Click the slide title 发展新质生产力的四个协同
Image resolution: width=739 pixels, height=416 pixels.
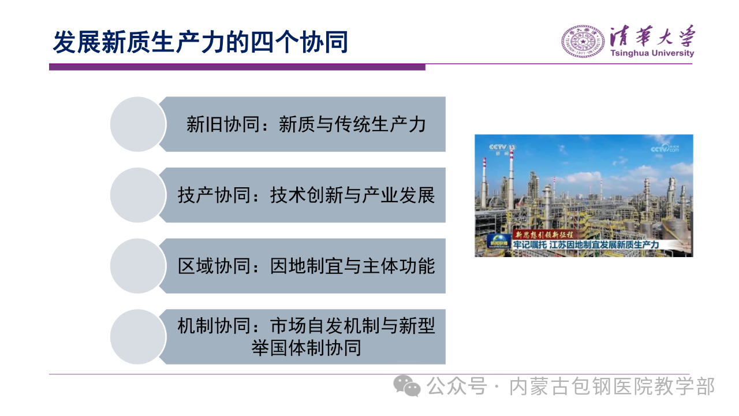[x=200, y=42]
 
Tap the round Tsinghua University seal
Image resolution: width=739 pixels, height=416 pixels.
[x=583, y=41]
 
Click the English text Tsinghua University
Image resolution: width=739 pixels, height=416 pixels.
[x=652, y=53]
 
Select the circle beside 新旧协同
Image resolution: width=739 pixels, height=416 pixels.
[x=138, y=124]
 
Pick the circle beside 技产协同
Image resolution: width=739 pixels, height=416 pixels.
[x=138, y=195]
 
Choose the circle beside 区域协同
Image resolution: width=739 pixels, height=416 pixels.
[x=138, y=266]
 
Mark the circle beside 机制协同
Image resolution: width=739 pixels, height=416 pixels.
[x=138, y=337]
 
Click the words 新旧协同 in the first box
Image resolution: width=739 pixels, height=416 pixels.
[x=223, y=124]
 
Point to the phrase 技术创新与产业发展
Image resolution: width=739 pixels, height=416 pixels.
[x=352, y=195]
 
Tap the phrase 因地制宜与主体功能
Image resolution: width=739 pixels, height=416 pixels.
[x=352, y=266]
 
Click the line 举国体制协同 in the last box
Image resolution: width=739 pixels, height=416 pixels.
[x=306, y=348]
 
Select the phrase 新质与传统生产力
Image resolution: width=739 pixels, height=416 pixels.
[x=352, y=124]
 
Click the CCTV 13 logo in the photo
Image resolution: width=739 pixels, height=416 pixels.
[x=502, y=149]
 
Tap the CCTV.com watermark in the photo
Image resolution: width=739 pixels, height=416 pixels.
[x=665, y=148]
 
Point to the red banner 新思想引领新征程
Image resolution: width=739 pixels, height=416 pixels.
[x=544, y=235]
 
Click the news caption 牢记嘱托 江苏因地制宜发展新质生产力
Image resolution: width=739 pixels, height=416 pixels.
[x=586, y=244]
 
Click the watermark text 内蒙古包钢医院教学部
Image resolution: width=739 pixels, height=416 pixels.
[x=612, y=387]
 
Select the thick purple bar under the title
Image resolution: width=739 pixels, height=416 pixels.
[x=237, y=67]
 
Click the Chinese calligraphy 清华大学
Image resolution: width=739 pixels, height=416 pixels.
[x=652, y=36]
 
